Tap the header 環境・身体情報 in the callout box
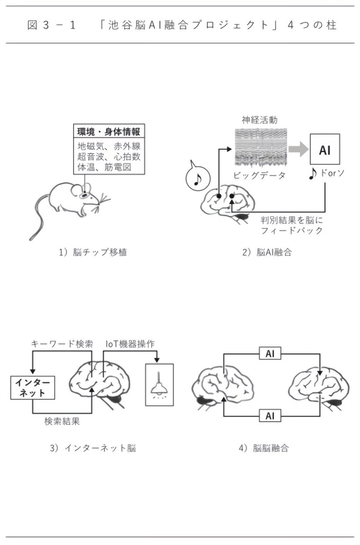[107, 131]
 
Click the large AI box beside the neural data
[325, 149]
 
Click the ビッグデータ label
[260, 175]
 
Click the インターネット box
[33, 386]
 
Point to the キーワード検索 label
[62, 344]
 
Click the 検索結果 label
[62, 421]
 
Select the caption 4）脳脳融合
[264, 448]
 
